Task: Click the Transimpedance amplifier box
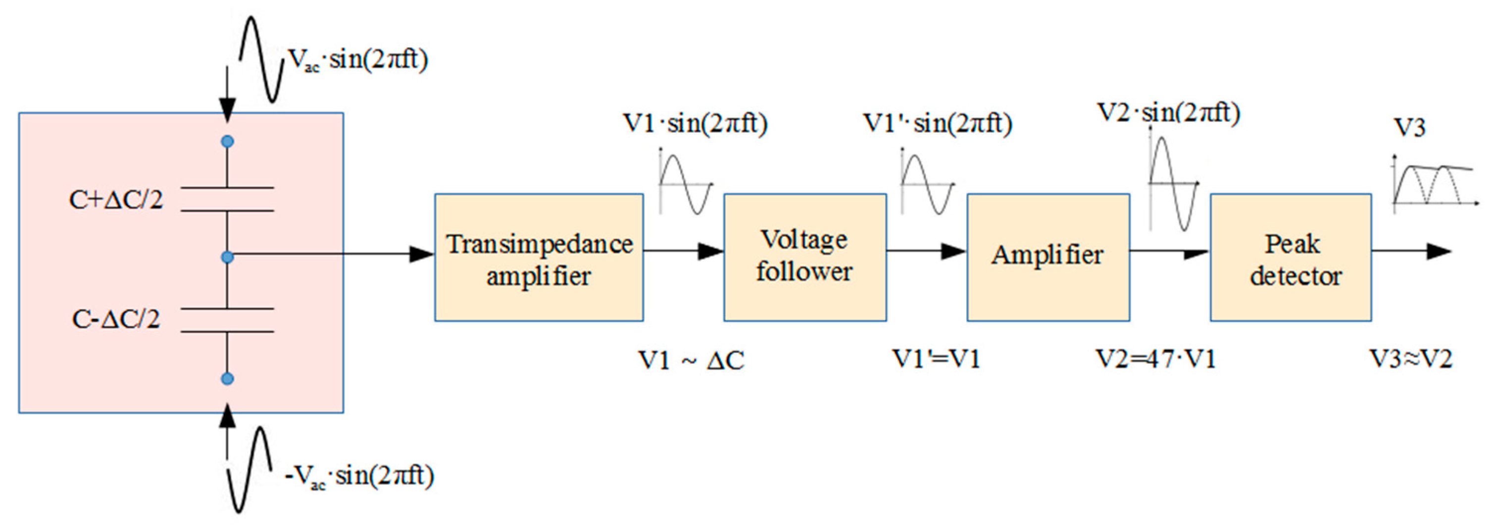click(x=539, y=258)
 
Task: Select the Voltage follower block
click(x=804, y=258)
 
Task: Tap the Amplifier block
click(x=1048, y=258)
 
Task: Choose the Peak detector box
click(x=1290, y=258)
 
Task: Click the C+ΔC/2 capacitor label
click(x=116, y=200)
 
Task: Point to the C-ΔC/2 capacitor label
click(x=116, y=319)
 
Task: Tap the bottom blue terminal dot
click(x=228, y=378)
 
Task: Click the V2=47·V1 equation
click(x=1155, y=360)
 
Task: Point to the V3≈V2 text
click(x=1411, y=360)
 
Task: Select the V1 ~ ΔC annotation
click(x=691, y=361)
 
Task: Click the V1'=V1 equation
click(x=936, y=360)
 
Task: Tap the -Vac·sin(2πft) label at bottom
click(x=359, y=477)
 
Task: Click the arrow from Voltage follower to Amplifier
click(x=926, y=251)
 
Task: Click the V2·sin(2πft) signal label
click(x=1168, y=112)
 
